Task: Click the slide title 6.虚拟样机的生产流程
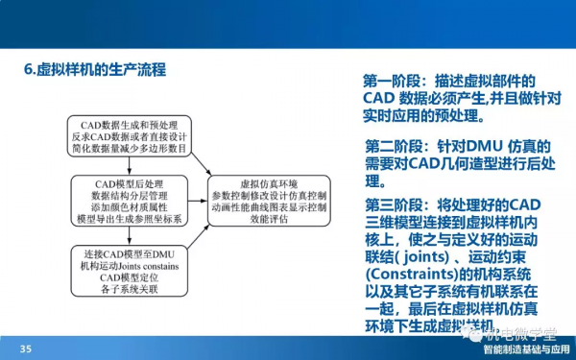(x=94, y=70)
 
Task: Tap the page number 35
(x=26, y=348)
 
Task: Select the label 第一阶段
(x=395, y=81)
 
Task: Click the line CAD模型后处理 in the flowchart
(x=132, y=182)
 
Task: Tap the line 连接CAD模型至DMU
(x=132, y=252)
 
